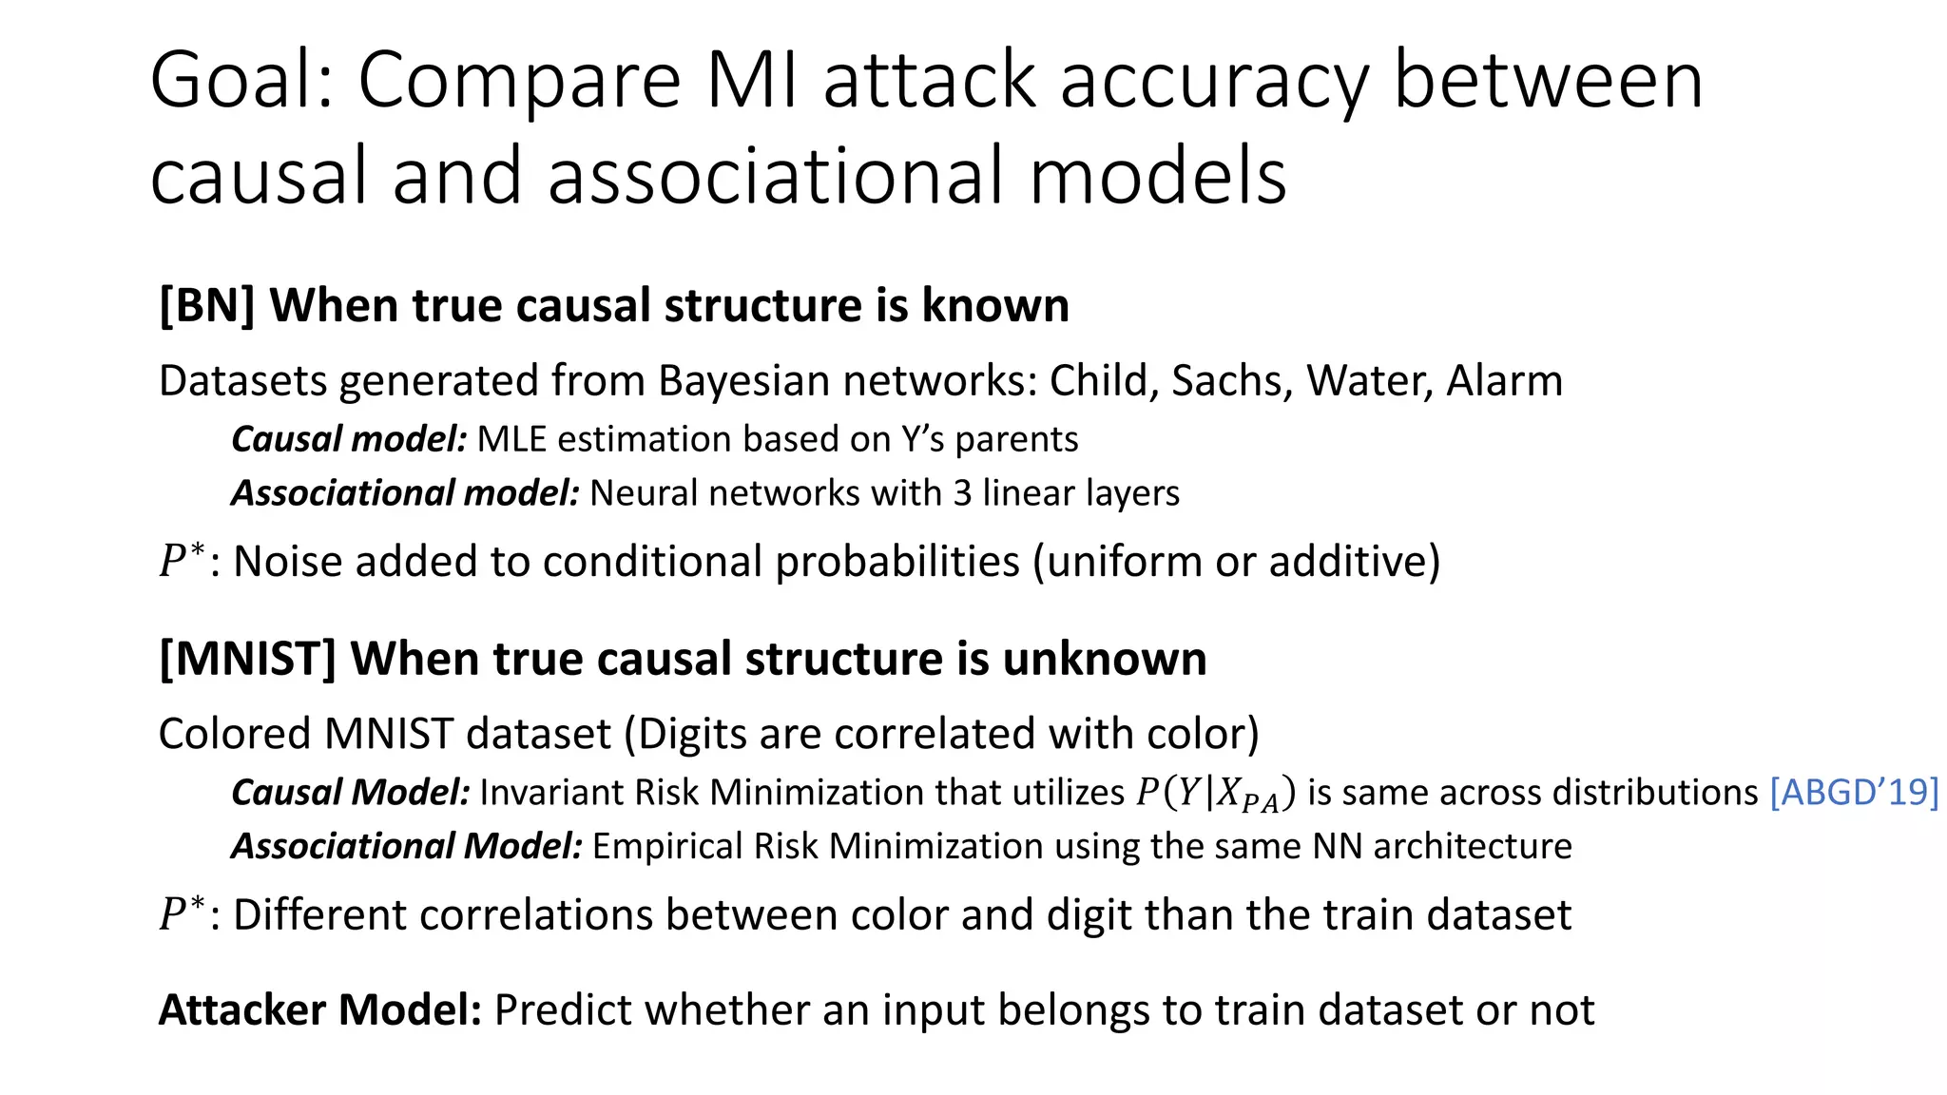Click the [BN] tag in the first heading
click(206, 306)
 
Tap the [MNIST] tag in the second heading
click(247, 660)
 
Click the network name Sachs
click(1231, 381)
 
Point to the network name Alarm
click(1504, 381)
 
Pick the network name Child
click(1103, 381)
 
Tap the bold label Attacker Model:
click(320, 1010)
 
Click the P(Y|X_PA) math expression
click(1215, 794)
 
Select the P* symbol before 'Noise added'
click(181, 560)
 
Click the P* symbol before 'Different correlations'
click(181, 913)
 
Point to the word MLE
click(511, 440)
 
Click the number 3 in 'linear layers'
click(962, 493)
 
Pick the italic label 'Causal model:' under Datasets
click(348, 440)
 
